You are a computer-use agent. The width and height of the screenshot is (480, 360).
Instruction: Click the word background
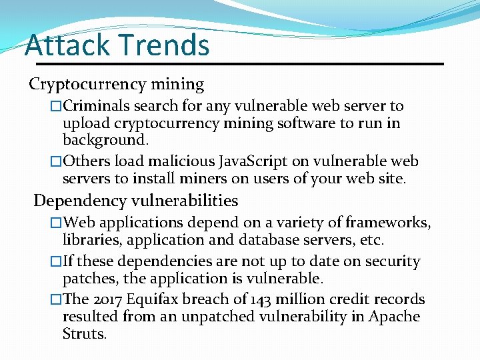tap(105, 140)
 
